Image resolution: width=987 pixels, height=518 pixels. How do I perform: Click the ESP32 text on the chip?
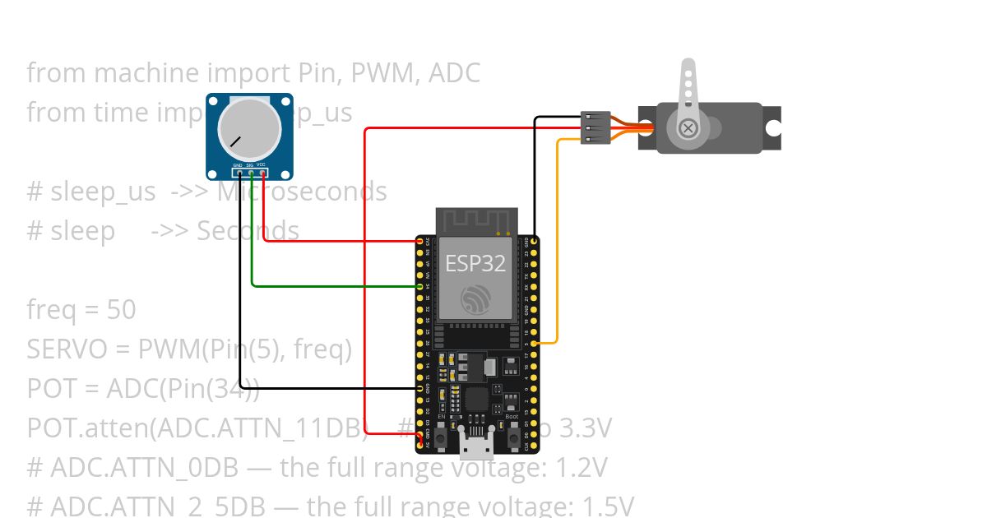tap(475, 263)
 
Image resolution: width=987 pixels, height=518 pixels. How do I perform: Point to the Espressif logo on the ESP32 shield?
tap(475, 300)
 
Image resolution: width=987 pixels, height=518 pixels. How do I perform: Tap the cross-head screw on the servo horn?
tap(688, 128)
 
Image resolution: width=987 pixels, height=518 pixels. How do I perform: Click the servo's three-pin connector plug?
tap(596, 127)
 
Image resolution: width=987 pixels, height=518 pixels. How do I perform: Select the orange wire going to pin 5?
tap(558, 247)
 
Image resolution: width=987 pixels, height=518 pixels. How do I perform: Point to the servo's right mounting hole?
tap(773, 128)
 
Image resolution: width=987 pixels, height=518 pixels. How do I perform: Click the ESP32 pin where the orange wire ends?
tap(535, 342)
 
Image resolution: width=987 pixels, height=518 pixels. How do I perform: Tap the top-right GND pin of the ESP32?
tap(535, 243)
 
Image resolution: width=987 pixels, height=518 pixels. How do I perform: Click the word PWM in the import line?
tap(382, 73)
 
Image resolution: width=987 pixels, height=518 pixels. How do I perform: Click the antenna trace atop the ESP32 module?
tap(475, 220)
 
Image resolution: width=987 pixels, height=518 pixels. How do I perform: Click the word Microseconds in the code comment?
tap(302, 192)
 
